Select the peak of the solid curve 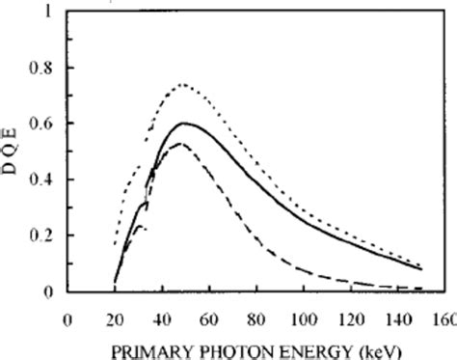coord(183,123)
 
